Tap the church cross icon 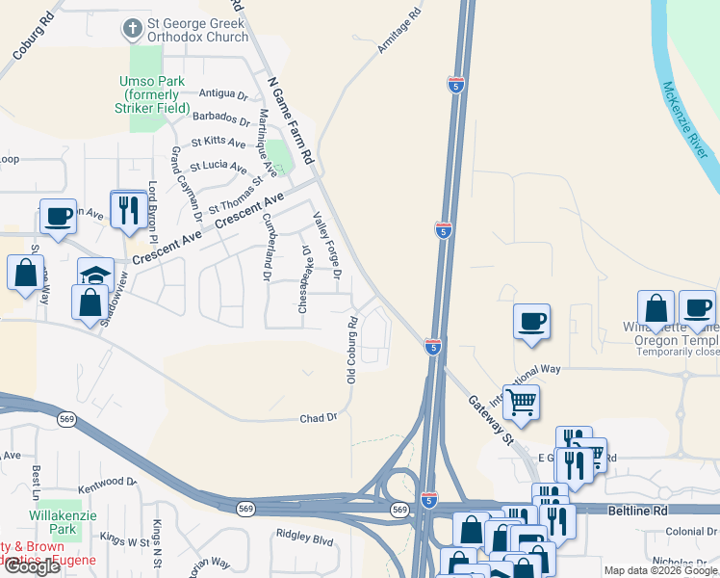[132, 29]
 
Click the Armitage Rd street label [401, 31]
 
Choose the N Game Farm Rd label [292, 119]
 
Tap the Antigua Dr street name [223, 94]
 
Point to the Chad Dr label [319, 417]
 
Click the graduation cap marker [95, 275]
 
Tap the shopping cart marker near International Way [521, 402]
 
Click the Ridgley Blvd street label [303, 532]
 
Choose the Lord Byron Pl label [152, 209]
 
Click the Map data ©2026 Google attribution [659, 570]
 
